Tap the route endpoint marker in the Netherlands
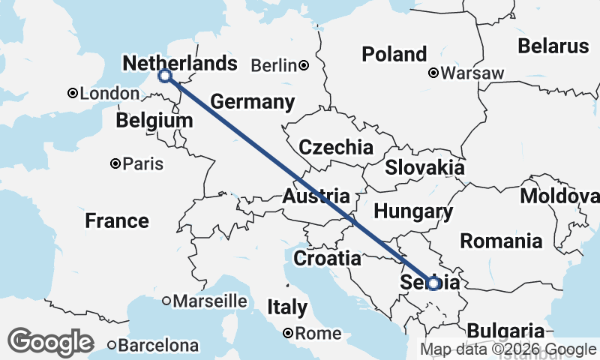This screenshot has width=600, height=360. click(165, 76)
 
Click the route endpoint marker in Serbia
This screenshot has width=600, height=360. click(433, 283)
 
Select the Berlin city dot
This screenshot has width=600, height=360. click(304, 65)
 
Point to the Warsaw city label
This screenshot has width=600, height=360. click(472, 73)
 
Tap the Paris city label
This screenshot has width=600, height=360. click(142, 163)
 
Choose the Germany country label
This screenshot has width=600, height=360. click(252, 101)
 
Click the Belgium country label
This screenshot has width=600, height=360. click(154, 120)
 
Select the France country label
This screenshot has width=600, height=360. click(116, 220)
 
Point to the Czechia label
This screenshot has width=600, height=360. click(335, 146)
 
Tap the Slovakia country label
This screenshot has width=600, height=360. click(424, 167)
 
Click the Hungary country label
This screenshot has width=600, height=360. click(413, 212)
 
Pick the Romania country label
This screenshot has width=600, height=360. click(501, 241)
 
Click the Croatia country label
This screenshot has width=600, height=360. click(326, 259)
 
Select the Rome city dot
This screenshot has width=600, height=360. click(288, 334)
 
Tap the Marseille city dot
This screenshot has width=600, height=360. click(166, 301)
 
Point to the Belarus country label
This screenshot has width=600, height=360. click(553, 46)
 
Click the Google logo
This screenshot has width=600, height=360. click(51, 342)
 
